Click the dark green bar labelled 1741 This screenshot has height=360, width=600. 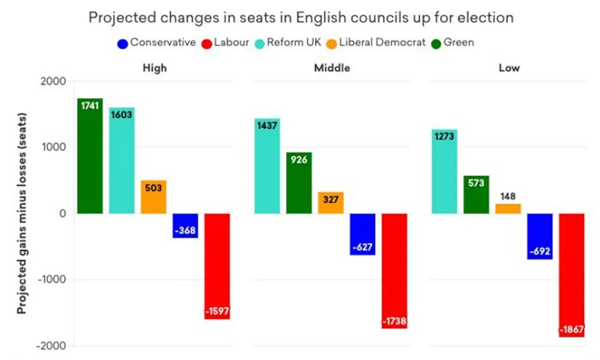pos(90,156)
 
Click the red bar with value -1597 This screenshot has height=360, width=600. pos(217,266)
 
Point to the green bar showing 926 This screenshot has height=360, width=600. pos(299,183)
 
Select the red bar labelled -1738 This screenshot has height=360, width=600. pos(395,271)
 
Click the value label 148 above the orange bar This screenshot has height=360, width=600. pos(508,197)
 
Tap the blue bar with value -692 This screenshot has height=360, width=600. pos(540,236)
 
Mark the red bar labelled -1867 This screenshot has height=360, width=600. pos(572,275)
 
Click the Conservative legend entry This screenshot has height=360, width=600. pos(156,43)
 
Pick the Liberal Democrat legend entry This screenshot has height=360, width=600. pos(375,43)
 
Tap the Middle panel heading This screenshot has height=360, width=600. pos(332,68)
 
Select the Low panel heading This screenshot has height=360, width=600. pos(509,68)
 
